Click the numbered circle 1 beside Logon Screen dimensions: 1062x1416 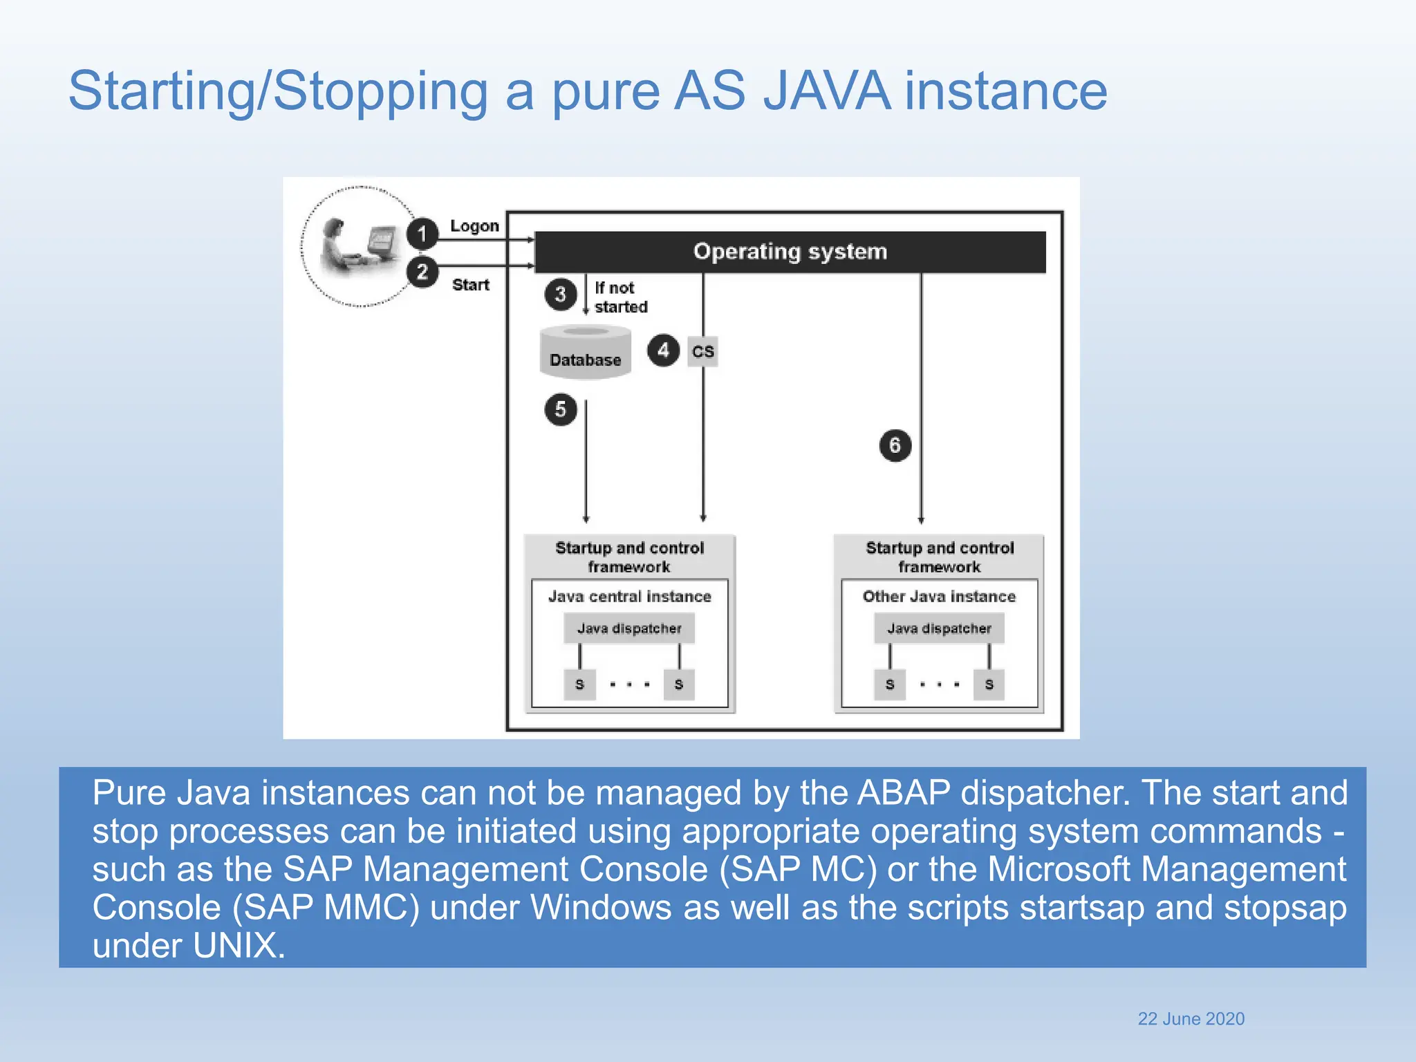pos(422,234)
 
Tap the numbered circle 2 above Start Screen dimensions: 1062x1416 pos(422,272)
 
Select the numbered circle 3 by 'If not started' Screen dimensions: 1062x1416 pos(560,295)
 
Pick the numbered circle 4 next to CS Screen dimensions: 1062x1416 pos(663,351)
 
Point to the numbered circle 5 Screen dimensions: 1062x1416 pos(560,409)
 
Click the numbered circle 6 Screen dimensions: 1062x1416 pos(895,445)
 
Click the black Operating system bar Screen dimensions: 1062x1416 pos(790,252)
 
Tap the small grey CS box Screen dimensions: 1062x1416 pos(702,351)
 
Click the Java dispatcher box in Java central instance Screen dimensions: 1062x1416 pos(629,628)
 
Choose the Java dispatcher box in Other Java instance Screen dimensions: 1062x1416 pos(939,628)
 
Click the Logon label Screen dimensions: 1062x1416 pos(474,226)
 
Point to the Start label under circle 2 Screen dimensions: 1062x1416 pos(470,285)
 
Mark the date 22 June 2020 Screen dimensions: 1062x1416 pos(1191,1018)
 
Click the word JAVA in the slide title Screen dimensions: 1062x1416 pos(827,91)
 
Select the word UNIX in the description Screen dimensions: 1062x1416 pos(234,945)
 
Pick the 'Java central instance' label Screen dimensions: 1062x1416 pos(629,596)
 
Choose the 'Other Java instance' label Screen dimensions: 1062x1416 pos(939,596)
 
